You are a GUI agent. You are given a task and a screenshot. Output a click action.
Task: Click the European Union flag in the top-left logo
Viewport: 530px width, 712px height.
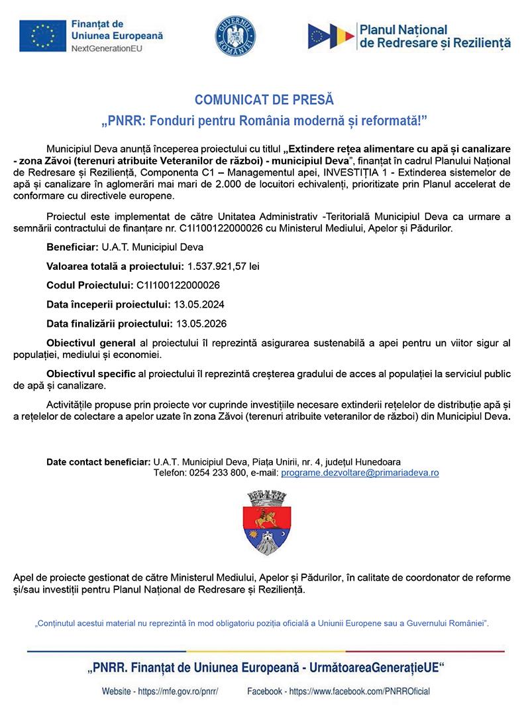42,36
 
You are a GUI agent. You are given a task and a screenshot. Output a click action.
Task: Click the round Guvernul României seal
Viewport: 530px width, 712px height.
235,36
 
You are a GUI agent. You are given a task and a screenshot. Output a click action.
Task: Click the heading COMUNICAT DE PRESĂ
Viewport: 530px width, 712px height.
264,100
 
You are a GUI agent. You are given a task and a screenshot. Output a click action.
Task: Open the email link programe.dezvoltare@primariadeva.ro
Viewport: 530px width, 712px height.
360,473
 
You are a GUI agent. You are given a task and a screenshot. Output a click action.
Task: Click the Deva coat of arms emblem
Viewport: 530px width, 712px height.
264,522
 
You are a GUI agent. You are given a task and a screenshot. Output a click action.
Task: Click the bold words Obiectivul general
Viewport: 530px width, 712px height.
91,343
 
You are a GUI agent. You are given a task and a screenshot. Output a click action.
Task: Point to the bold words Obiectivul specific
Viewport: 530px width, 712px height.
91,374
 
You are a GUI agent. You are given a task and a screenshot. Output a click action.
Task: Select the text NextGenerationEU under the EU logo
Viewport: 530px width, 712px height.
107,48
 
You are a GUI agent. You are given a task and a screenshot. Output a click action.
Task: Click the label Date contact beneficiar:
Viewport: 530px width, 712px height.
98,461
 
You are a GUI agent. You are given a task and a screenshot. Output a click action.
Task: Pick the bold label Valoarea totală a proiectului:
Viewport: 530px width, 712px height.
115,266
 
